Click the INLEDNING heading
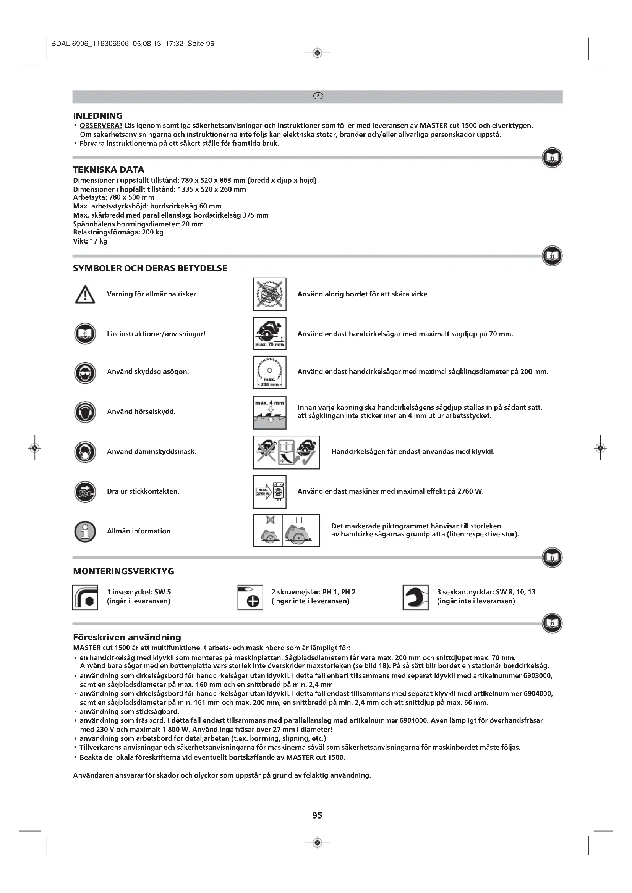pyautogui.click(x=98, y=116)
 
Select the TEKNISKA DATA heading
pyautogui.click(x=109, y=170)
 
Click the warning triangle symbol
pyautogui.click(x=85, y=294)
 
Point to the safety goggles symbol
pyautogui.click(x=85, y=372)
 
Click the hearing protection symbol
pyautogui.click(x=85, y=412)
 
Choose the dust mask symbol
pyautogui.click(x=85, y=452)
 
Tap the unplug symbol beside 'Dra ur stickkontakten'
pyautogui.click(x=85, y=492)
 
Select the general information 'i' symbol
pyautogui.click(x=85, y=531)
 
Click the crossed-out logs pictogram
pyautogui.click(x=269, y=294)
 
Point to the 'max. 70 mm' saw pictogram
pyautogui.click(x=269, y=334)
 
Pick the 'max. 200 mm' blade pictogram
pyautogui.click(x=269, y=372)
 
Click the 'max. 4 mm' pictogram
pyautogui.click(x=269, y=412)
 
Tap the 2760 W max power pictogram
pyautogui.click(x=269, y=492)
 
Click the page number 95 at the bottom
pyautogui.click(x=317, y=815)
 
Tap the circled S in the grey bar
pyautogui.click(x=318, y=96)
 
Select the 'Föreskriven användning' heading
pyautogui.click(x=127, y=637)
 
